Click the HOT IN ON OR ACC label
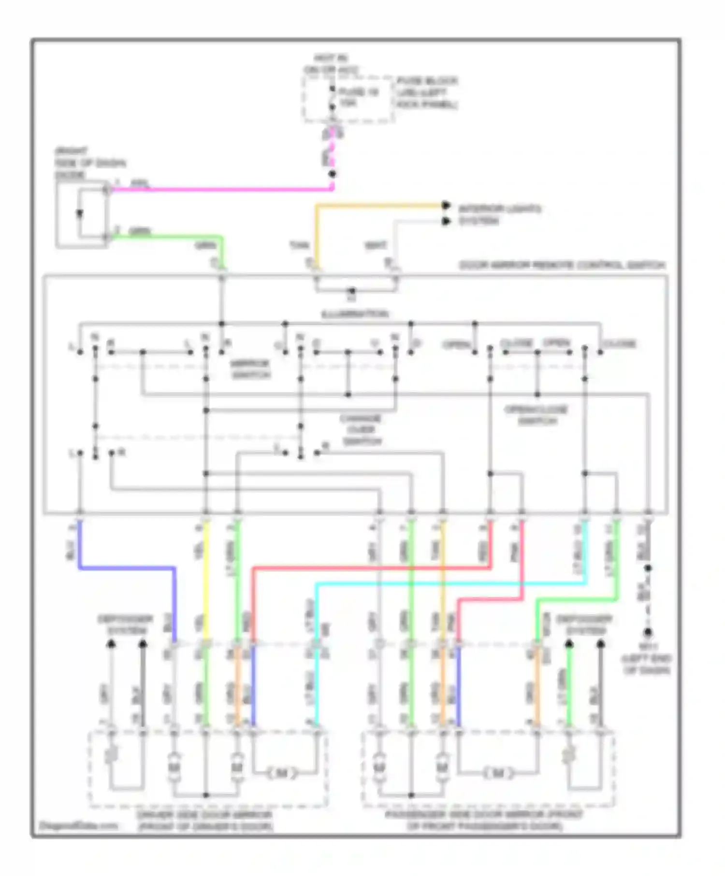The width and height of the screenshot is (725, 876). tap(331, 64)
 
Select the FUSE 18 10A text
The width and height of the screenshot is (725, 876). tap(358, 97)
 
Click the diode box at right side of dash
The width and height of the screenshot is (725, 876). tap(81, 214)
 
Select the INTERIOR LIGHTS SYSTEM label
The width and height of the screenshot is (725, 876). tap(499, 215)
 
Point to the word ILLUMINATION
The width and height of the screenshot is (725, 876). tap(355, 314)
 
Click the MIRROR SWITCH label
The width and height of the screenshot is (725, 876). tap(250, 369)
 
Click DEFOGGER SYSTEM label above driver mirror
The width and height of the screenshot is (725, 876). tap(126, 625)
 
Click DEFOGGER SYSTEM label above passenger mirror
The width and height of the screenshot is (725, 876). tap(584, 625)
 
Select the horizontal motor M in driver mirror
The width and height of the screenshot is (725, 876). tap(282, 773)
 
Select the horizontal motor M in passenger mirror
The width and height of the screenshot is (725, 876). tap(498, 773)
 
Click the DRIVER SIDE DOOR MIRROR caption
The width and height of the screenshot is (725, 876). tap(205, 820)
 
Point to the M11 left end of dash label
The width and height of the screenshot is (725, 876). tap(647, 659)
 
